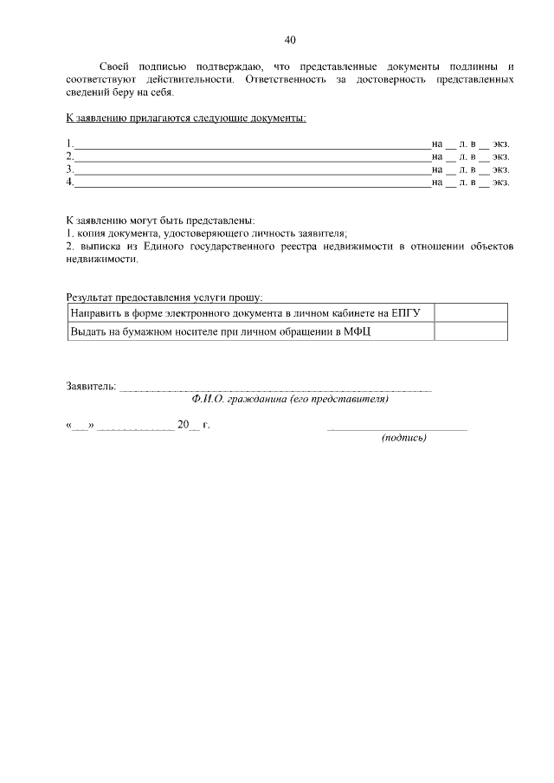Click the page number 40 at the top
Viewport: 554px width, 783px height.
tap(290, 39)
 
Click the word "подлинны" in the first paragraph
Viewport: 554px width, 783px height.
tap(475, 66)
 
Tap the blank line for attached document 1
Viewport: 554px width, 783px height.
tap(252, 144)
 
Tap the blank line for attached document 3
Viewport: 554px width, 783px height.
tap(252, 170)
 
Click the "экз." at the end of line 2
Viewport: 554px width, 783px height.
tap(501, 157)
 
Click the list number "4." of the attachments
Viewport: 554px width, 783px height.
tap(70, 183)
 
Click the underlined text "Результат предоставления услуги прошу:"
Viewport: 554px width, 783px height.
tap(164, 297)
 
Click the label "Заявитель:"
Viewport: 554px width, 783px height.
tap(92, 386)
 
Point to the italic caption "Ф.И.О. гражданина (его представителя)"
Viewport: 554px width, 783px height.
tap(291, 400)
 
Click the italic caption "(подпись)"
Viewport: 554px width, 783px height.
tap(404, 438)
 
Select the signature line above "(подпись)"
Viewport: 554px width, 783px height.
tap(398, 428)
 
